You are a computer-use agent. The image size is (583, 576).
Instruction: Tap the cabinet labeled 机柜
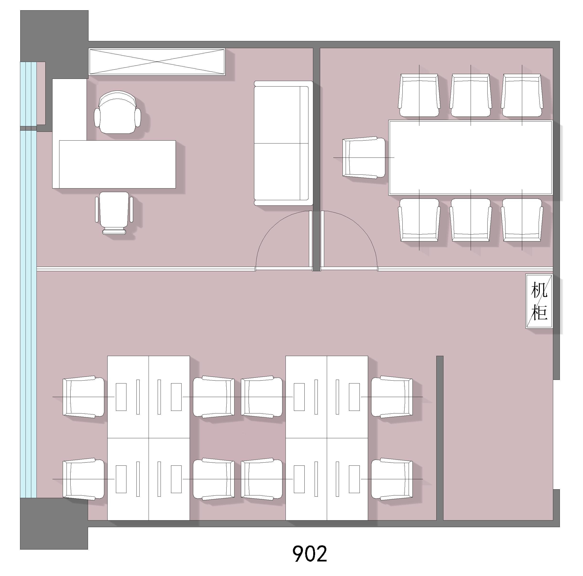pos(539,301)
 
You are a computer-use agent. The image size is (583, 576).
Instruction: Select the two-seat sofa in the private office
pos(283,143)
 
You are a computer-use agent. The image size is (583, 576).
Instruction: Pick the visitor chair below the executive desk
pos(114,213)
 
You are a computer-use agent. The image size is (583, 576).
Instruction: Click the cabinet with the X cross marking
pos(157,62)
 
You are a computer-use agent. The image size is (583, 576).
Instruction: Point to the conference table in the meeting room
pos(470,158)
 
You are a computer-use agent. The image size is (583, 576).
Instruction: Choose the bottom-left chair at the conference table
pos(419,220)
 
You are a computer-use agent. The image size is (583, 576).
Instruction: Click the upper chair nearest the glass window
pos(83,397)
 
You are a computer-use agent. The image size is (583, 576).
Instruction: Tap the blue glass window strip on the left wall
pos(28,280)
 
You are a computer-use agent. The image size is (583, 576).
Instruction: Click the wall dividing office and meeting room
pos(316,159)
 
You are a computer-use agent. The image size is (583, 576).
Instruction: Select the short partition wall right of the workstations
pos(440,438)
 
